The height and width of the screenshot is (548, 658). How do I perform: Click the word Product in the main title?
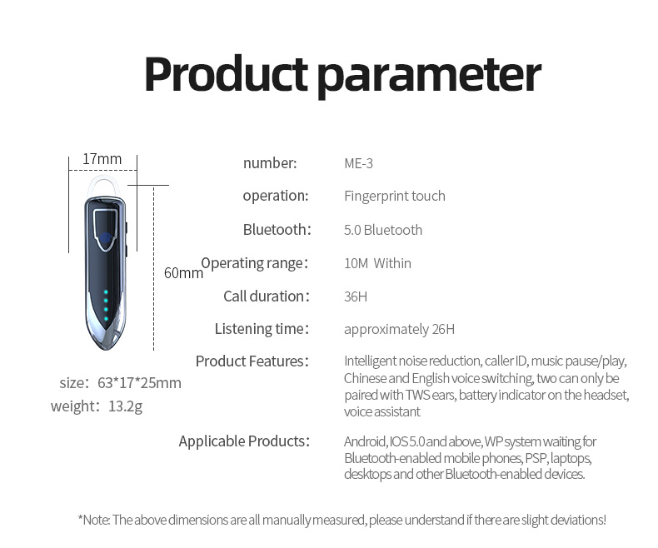pos(227,75)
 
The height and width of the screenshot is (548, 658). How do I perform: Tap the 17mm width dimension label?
pos(102,159)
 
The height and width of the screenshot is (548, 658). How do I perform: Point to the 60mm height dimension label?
pos(183,272)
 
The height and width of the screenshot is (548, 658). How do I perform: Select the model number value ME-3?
pos(358,163)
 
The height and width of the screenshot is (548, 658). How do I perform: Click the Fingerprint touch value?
pos(395,196)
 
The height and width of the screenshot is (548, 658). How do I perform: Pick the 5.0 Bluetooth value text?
pos(383,230)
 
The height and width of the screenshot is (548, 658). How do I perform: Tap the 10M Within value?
pos(377,263)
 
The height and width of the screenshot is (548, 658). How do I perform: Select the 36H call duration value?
pos(356,296)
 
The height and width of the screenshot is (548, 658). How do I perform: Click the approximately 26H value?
pos(400,330)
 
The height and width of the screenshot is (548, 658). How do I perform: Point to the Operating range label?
pos(255,263)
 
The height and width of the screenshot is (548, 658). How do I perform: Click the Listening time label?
pos(262,329)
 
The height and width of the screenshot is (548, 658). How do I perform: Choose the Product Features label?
pos(252,361)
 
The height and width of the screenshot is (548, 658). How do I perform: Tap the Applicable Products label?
pos(244,441)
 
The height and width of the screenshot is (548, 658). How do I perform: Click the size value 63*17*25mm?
pos(139,382)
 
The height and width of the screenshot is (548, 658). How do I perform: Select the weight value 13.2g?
pos(126,406)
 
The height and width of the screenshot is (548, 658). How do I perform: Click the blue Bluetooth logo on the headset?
pos(106,238)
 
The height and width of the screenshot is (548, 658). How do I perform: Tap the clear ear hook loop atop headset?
pos(103,179)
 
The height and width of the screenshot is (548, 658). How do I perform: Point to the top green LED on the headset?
pos(106,291)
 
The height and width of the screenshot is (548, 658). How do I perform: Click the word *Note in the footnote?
pos(94,520)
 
